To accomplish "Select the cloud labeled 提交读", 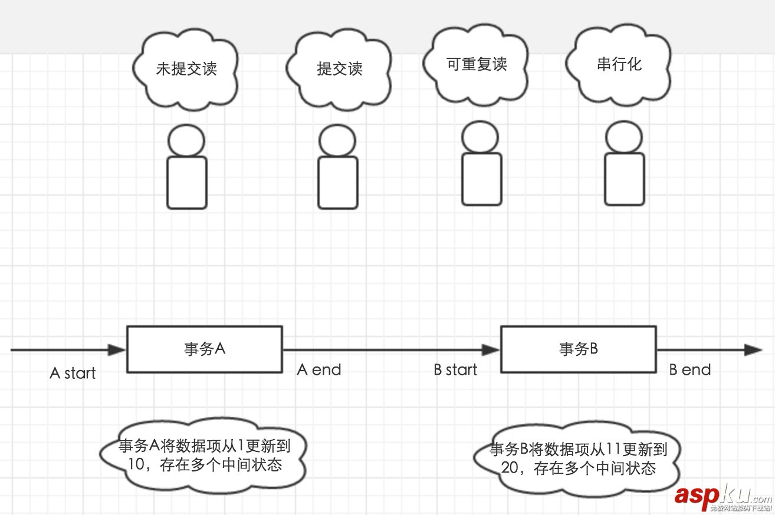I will (339, 69).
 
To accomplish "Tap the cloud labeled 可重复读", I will (477, 64).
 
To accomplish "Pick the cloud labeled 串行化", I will (619, 64).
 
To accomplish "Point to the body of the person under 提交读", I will (338, 182).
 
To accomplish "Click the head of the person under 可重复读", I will (480, 137).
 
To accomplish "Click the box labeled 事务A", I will (205, 349).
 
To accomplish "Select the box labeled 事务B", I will (578, 349).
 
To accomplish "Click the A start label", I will (73, 373).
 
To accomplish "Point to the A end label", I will (319, 370).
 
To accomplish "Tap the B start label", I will (455, 370).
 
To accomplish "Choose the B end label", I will (690, 370).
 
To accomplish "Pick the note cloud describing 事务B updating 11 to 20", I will (578, 459).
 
